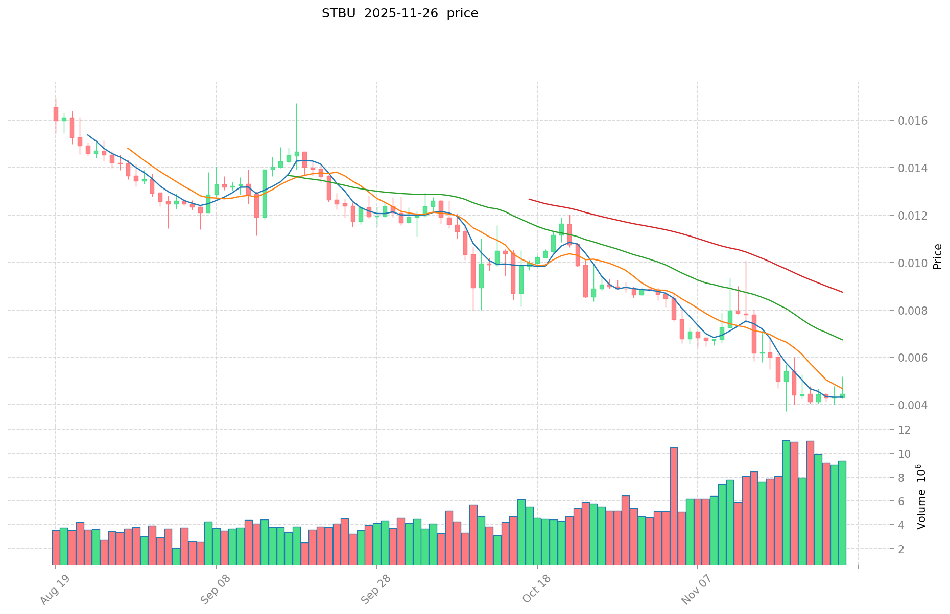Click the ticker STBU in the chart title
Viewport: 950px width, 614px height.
339,13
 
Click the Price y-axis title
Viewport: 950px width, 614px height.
937,256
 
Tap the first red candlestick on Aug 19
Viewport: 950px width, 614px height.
56,114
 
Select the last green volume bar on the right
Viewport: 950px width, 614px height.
842,512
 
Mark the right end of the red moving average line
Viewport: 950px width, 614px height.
842,292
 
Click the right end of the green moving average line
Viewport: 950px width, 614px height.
842,340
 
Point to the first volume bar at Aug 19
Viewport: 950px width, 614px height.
56,547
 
